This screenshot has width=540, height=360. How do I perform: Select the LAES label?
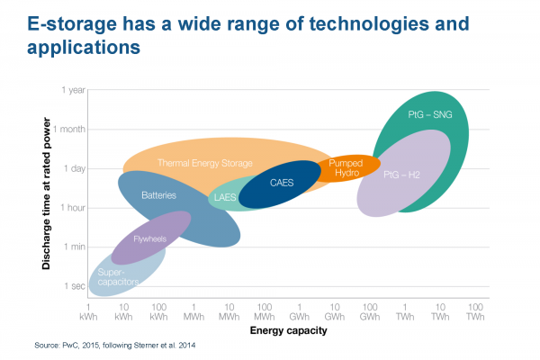point(224,196)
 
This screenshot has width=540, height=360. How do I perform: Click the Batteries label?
point(158,194)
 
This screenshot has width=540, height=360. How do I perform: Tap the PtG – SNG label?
point(430,115)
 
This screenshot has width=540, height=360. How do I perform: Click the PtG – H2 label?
point(402,174)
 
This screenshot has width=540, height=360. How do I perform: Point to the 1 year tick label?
point(73,89)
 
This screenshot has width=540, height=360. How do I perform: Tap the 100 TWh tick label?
point(476,312)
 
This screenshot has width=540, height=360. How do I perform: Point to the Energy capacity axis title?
point(289,331)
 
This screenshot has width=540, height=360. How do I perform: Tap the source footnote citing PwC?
point(114,346)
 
